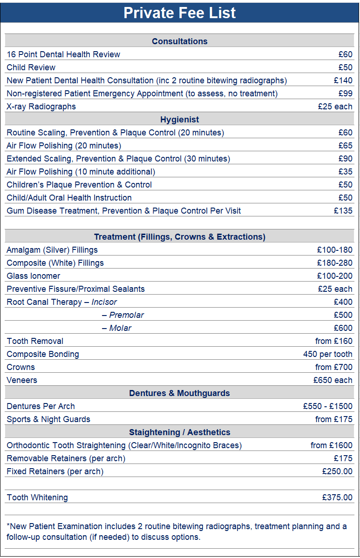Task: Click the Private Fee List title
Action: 180,13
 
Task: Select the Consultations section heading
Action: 180,41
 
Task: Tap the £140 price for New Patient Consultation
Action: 343,81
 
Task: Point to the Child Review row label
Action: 31,67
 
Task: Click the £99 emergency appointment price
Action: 346,94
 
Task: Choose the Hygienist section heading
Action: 180,120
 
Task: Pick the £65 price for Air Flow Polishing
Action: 346,146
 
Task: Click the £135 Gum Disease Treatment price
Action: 343,211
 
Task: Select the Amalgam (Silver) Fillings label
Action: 52,250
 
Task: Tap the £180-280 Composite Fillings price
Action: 335,263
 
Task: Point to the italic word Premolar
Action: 126,315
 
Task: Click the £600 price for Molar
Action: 343,328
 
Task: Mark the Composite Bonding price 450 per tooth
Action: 328,354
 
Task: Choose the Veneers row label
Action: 22,380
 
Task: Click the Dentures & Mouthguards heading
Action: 180,393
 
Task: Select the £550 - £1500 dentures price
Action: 328,406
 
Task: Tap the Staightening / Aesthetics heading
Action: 180,432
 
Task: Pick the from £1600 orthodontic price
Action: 332,445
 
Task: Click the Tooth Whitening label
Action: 37,497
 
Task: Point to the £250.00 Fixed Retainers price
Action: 337,471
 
